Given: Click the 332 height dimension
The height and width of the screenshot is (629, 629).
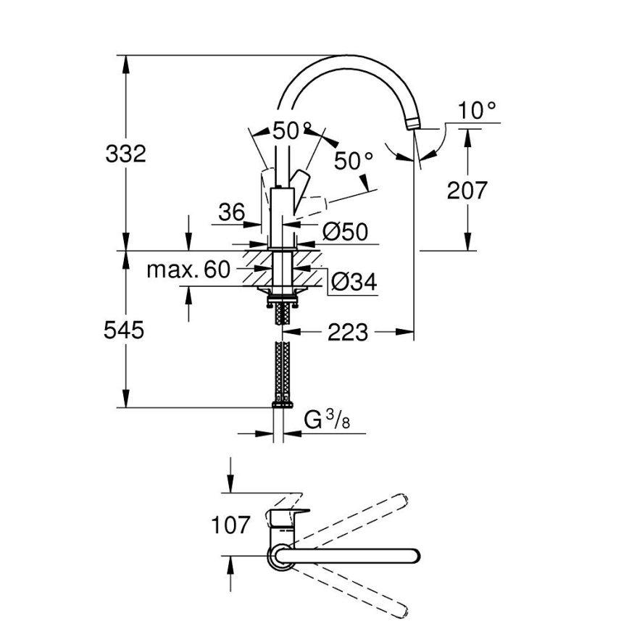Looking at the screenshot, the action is click(x=125, y=154).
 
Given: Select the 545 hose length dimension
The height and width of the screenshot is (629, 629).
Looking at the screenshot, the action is click(x=125, y=330).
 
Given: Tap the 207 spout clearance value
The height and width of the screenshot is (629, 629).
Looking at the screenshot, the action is click(x=467, y=191).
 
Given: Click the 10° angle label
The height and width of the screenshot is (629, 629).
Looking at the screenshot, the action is click(x=478, y=111).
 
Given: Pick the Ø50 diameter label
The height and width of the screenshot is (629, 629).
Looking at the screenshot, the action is click(x=345, y=232).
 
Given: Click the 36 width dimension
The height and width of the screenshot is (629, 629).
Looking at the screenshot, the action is click(x=232, y=212).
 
